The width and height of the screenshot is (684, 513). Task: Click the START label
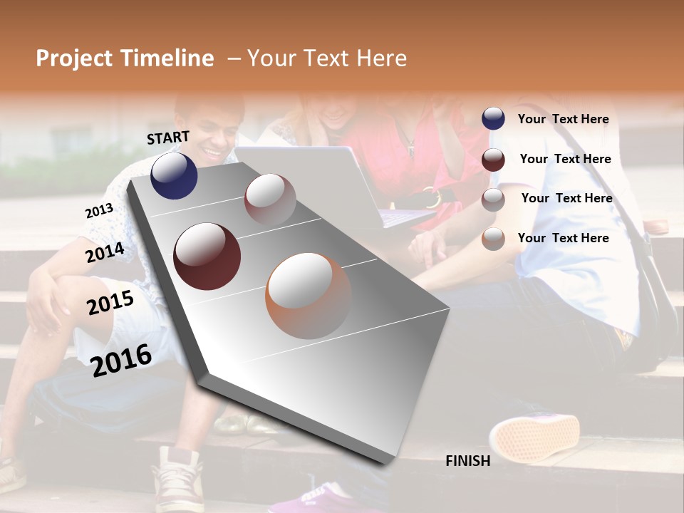(168, 137)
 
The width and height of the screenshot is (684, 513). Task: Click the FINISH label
(467, 461)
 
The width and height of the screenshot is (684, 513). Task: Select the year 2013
(99, 211)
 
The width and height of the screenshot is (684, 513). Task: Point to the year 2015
(110, 303)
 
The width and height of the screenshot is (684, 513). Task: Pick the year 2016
(121, 360)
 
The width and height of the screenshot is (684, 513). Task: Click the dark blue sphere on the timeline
(174, 175)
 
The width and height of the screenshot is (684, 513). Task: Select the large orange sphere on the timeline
(309, 296)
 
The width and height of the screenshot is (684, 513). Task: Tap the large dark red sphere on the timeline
(207, 256)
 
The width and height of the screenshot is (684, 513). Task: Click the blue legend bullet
(493, 119)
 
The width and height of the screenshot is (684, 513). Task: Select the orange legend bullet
(493, 239)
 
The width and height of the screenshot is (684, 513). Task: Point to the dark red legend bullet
(493, 160)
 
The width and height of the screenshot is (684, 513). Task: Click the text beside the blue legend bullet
(563, 119)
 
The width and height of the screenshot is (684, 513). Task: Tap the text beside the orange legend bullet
(563, 238)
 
